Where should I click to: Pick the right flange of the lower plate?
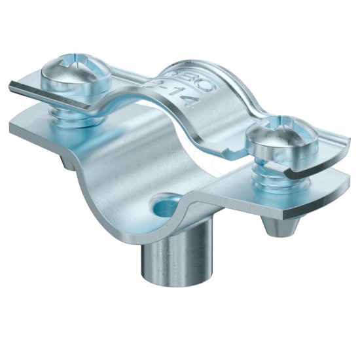[314, 196]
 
